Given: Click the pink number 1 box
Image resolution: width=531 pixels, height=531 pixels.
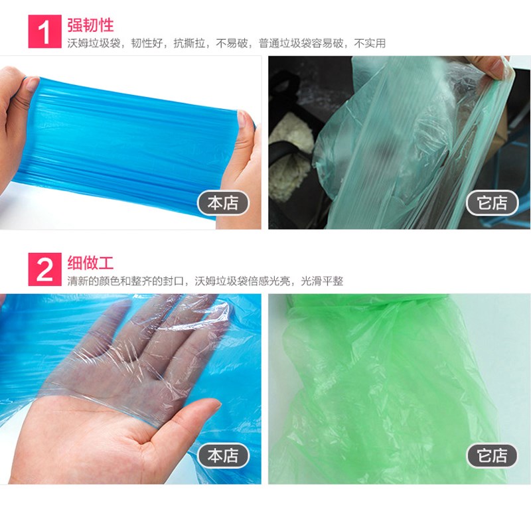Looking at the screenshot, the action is pos(44,31).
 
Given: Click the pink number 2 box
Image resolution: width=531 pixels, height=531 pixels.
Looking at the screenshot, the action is pos(44,269).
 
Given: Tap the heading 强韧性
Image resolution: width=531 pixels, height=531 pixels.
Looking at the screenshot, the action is pos(90,25).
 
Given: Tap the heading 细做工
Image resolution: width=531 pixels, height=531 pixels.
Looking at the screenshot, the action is pos(90,263).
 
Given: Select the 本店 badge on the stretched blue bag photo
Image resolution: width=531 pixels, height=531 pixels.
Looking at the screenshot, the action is pos(223,203).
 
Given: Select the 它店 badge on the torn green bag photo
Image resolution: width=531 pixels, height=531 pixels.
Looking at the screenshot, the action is pos(492,203).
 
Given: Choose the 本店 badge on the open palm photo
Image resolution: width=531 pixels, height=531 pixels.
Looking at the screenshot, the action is pos(223,455).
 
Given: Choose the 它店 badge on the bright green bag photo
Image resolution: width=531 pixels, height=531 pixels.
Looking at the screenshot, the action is pos(492,455).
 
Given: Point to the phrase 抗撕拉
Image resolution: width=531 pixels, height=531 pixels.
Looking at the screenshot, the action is pos(189,43).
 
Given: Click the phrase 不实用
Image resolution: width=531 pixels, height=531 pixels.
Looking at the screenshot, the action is pos(370,43).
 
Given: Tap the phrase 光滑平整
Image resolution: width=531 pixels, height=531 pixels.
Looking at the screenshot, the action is pos(322,281).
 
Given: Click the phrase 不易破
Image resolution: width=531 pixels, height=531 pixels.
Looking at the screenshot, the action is pos(232,43).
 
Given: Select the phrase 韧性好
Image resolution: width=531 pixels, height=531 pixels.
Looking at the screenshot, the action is pos(147,43).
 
